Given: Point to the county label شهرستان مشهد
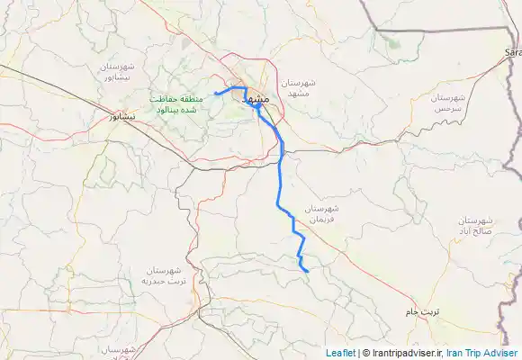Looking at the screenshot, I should click(x=294, y=87).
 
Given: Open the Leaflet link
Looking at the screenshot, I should click(x=340, y=353).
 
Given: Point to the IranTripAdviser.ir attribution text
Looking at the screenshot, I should click(x=401, y=353).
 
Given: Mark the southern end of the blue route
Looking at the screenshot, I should click(x=308, y=271).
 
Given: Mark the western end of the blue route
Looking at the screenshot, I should click(x=216, y=94).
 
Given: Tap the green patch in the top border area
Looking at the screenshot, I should click(x=390, y=40).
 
